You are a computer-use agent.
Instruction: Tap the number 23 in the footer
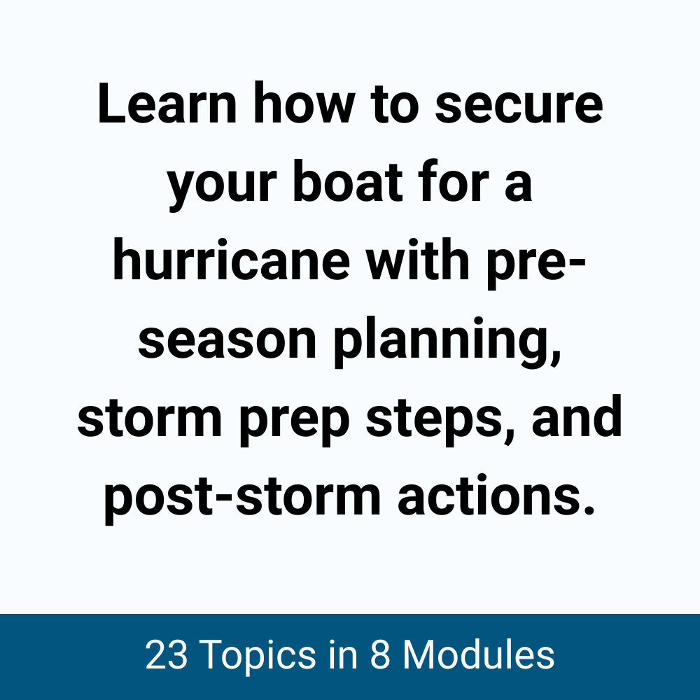click(x=167, y=656)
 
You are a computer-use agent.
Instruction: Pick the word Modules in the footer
click(x=478, y=656)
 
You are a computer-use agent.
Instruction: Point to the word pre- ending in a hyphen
click(x=554, y=264)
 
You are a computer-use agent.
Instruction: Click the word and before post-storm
click(x=575, y=422)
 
